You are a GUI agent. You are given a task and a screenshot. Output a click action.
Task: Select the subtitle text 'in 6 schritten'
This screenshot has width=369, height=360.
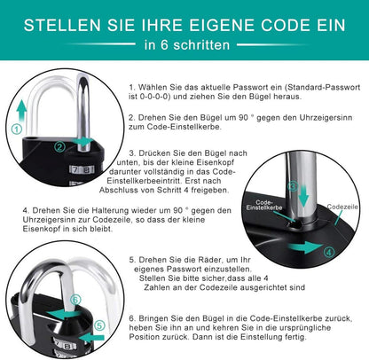[184, 44]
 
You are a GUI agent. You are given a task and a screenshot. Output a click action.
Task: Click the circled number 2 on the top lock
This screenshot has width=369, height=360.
[59, 146]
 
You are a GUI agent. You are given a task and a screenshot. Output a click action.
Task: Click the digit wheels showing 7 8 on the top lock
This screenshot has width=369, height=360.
[83, 168]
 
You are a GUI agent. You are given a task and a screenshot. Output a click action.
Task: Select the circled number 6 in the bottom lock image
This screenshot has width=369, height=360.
[75, 299]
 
